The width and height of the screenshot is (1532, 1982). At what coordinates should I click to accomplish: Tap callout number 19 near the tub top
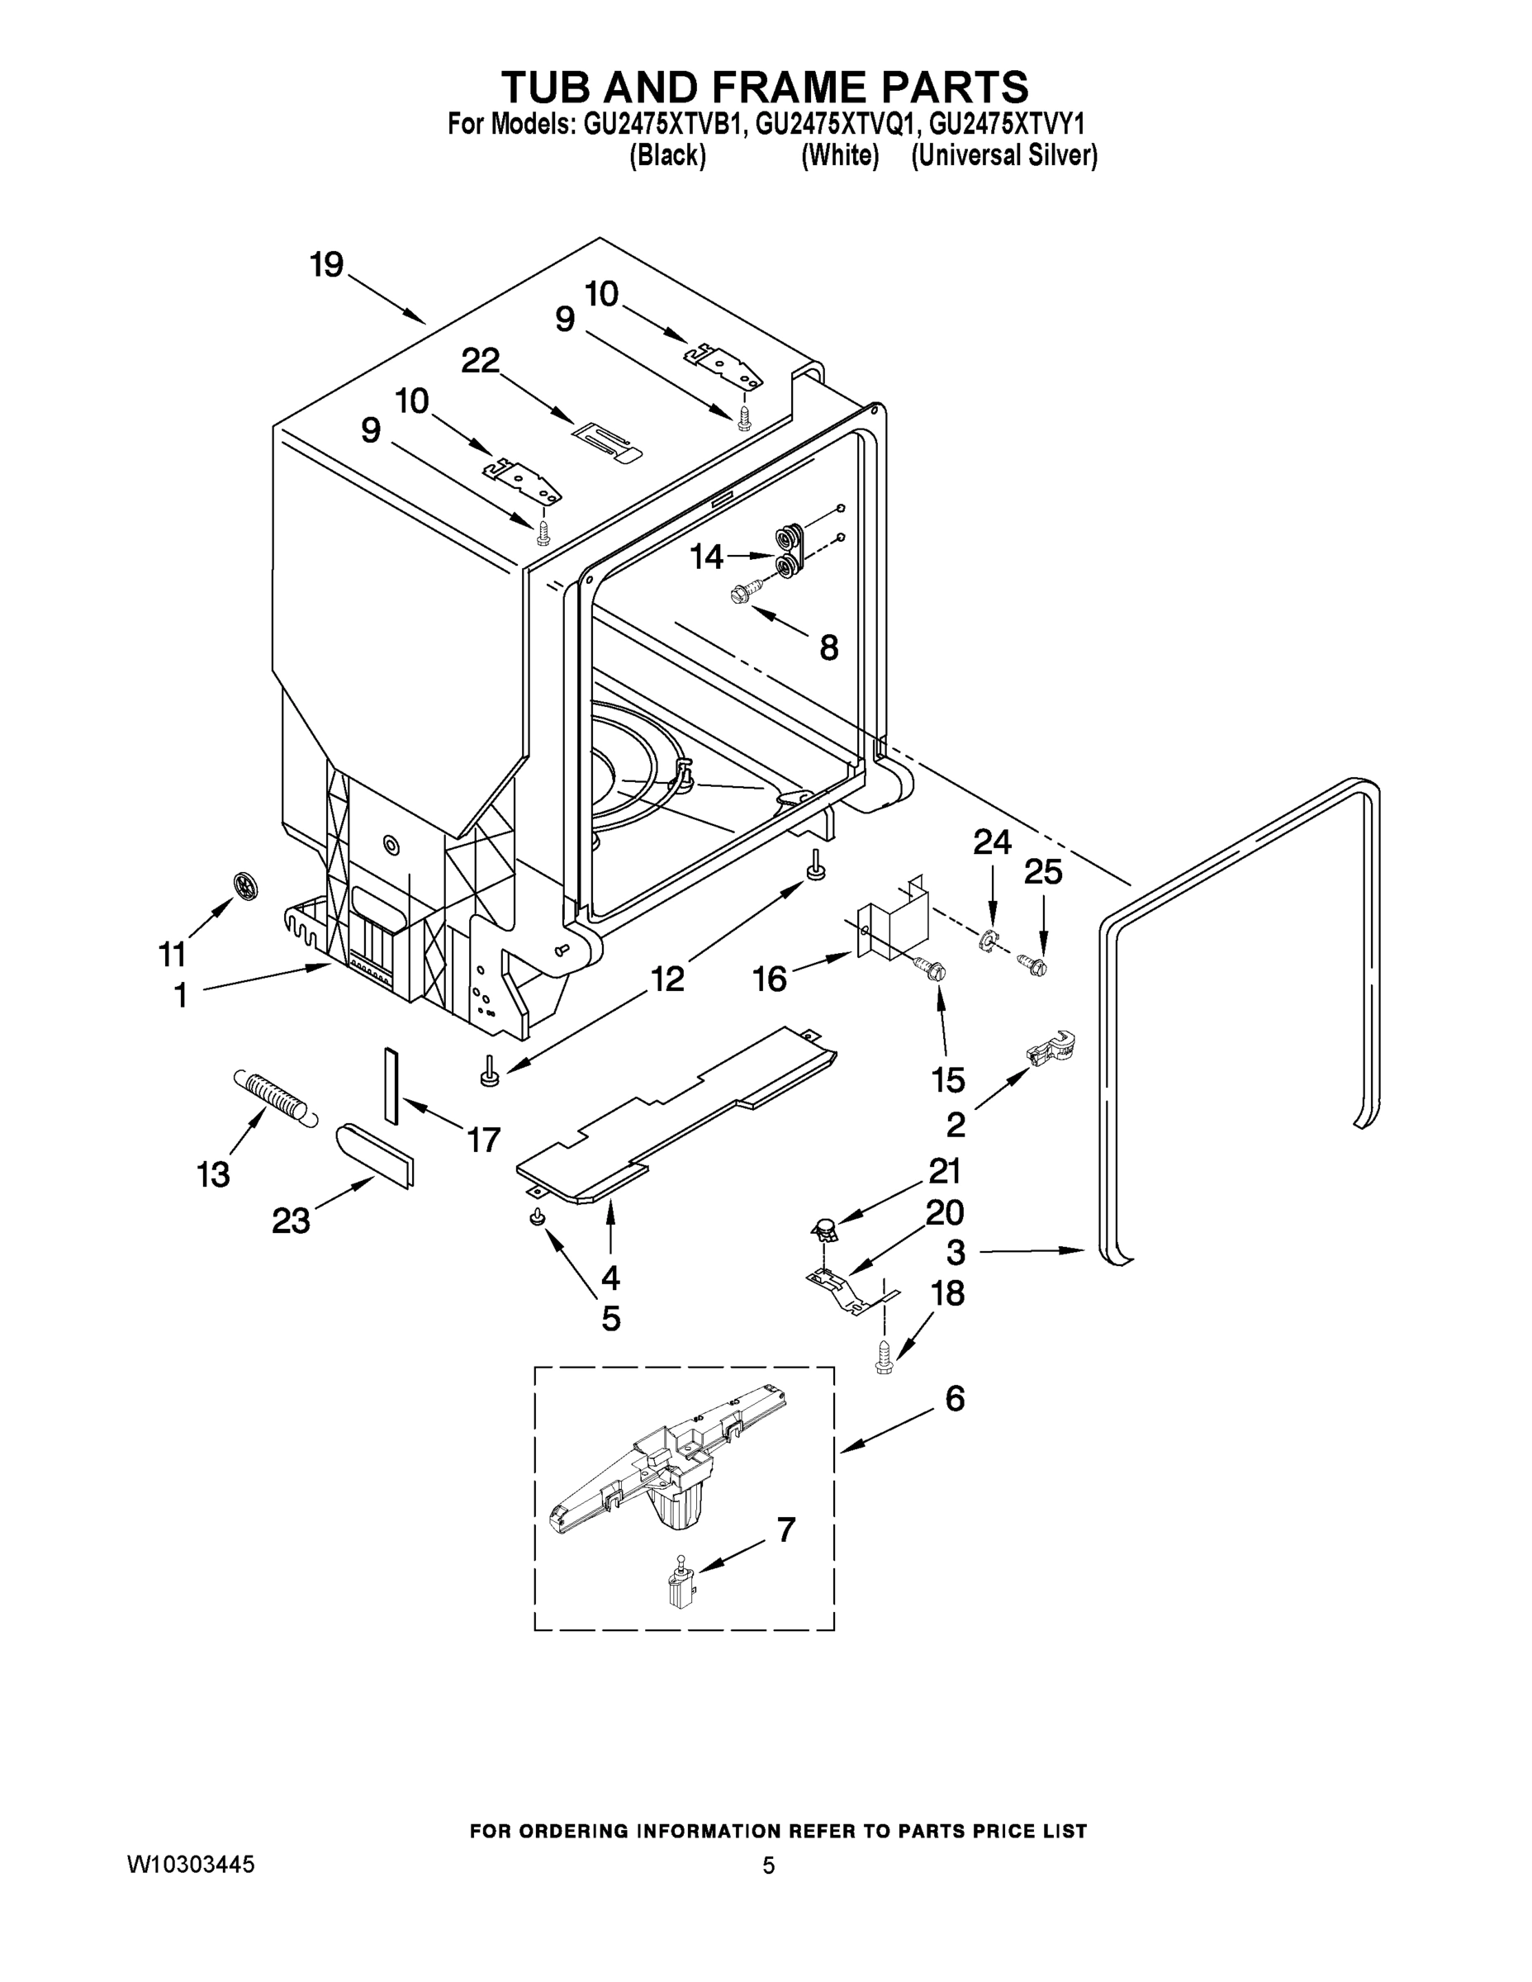click(327, 265)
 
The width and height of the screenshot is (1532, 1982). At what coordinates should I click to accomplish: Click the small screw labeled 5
click(538, 1217)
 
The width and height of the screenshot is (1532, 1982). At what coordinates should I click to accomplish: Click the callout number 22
click(480, 361)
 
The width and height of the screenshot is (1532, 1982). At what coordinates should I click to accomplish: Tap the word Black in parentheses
click(668, 156)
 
